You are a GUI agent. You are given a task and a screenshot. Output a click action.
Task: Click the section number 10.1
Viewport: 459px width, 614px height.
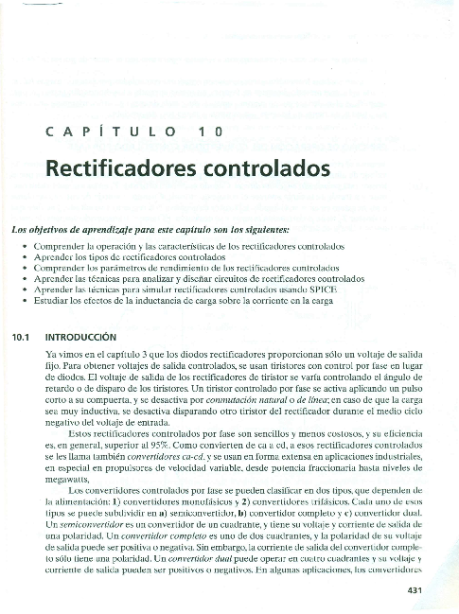click(20, 336)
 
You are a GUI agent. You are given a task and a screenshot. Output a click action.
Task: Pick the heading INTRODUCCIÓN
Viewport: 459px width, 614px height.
click(80, 336)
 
